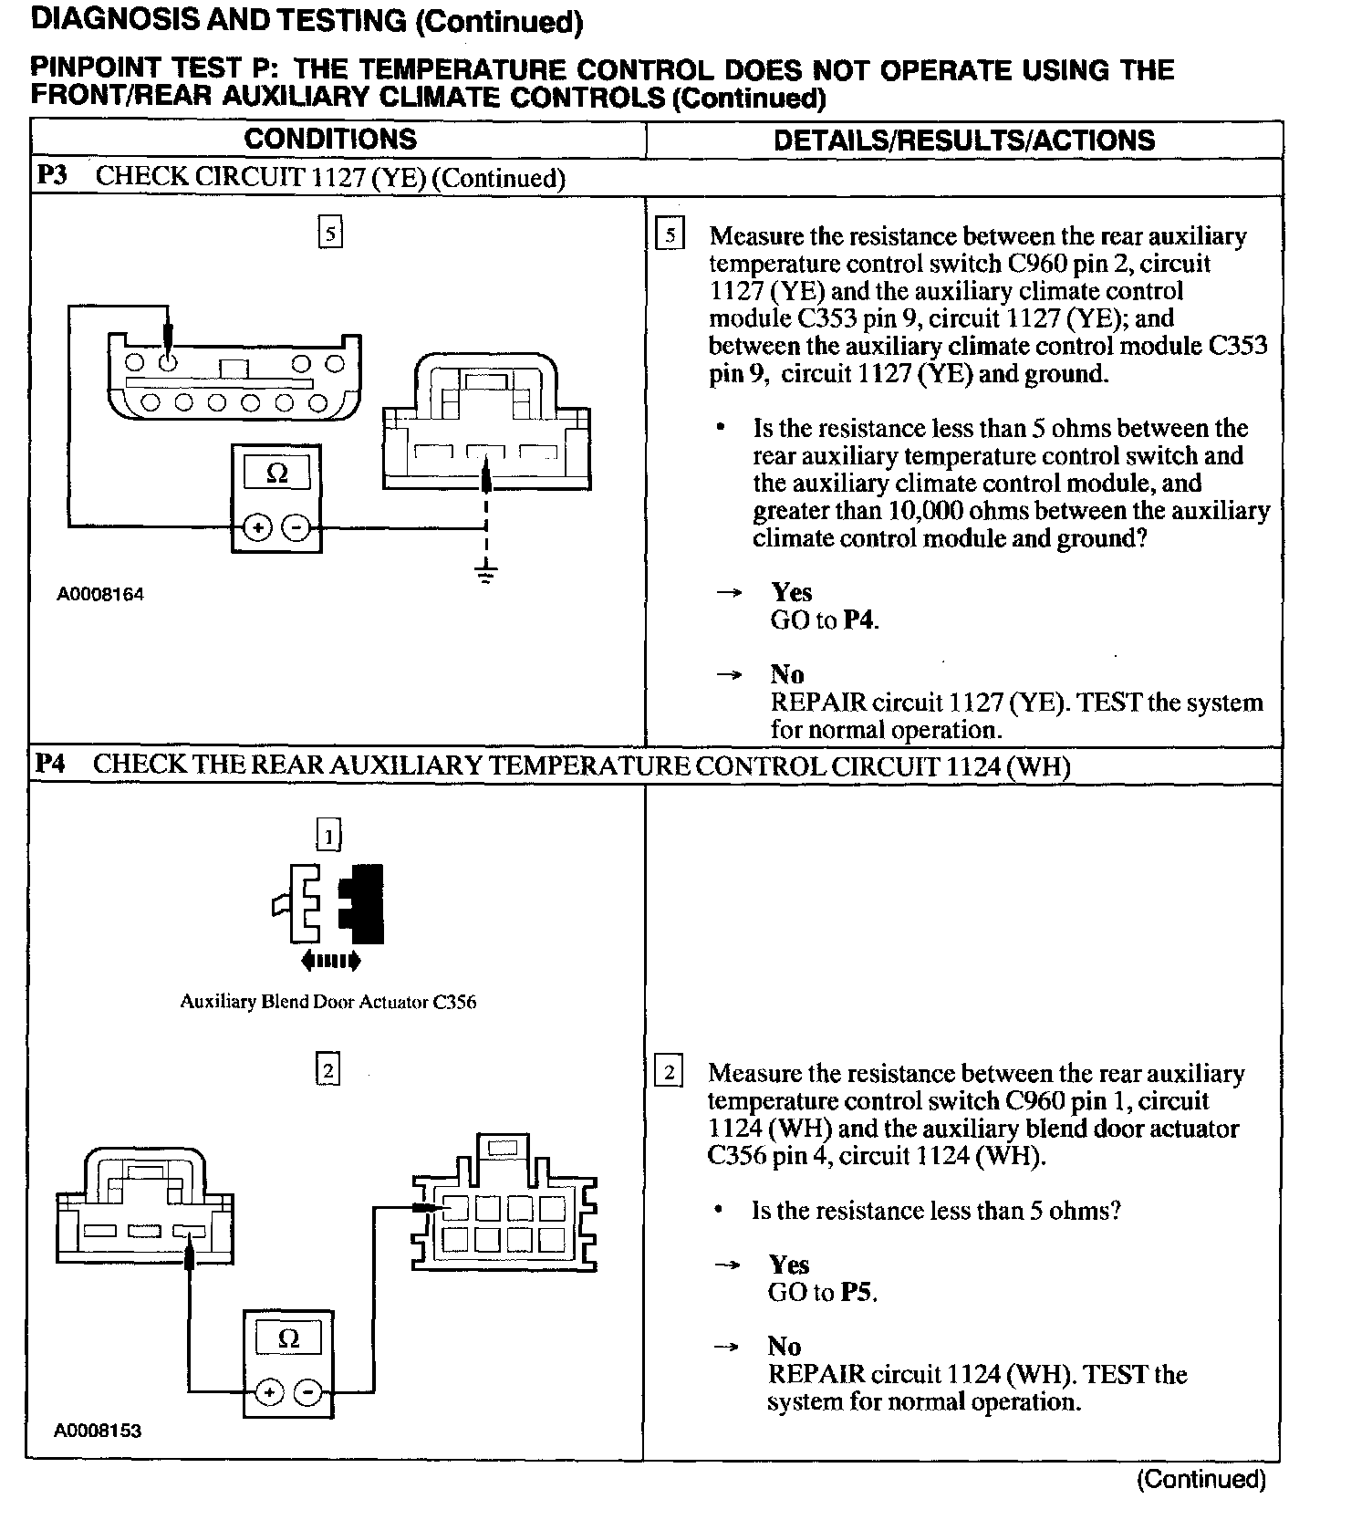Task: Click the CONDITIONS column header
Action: click(x=330, y=139)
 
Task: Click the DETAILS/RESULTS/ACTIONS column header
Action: click(x=963, y=140)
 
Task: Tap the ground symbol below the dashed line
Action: click(x=487, y=574)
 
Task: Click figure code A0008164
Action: click(x=100, y=595)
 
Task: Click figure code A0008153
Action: click(x=98, y=1431)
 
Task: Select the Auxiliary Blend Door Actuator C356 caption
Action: click(x=327, y=1002)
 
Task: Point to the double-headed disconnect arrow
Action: click(x=330, y=960)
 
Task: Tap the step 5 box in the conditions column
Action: click(x=330, y=234)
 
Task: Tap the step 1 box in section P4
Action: click(x=328, y=835)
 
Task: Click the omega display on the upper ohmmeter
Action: click(x=276, y=473)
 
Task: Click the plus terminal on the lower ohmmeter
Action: click(x=268, y=1393)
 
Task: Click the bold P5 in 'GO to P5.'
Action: click(x=857, y=1292)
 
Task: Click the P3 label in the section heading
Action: click(x=53, y=176)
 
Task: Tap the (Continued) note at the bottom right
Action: click(x=1200, y=1479)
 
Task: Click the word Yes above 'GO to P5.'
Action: click(x=788, y=1265)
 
